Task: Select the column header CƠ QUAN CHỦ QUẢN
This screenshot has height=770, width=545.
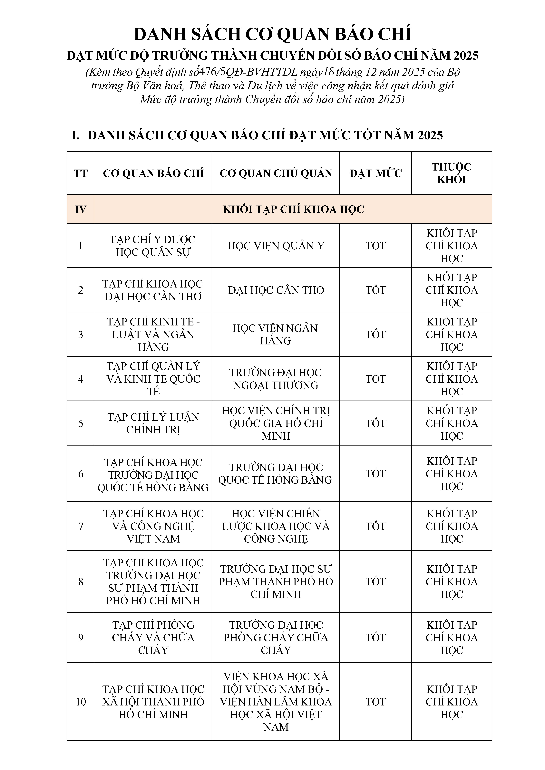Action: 276,173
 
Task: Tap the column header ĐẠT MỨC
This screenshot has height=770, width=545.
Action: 375,173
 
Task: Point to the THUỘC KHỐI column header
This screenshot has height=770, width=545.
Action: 451,173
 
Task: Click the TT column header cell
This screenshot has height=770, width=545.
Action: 81,173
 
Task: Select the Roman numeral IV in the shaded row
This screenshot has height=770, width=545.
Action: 81,209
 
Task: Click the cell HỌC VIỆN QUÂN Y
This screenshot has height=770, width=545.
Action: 276,246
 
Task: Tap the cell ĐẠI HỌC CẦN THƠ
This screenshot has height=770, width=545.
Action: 276,290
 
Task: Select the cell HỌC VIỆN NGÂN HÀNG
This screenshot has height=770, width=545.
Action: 276,334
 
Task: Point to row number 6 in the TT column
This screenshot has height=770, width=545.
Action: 81,474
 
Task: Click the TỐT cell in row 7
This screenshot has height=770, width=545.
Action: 375,526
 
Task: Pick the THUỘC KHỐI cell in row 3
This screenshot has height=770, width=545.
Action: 451,334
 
